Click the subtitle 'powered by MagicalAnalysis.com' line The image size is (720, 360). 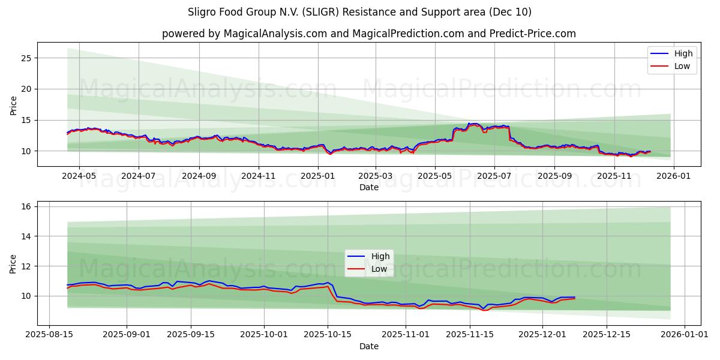click(368, 34)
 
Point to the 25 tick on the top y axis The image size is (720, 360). click(26, 58)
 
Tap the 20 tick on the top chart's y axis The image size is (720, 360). click(26, 89)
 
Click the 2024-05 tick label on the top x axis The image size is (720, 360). click(79, 176)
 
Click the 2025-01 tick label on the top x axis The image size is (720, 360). click(317, 176)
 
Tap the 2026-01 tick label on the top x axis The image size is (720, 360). click(673, 176)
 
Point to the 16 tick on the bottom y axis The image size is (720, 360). click(26, 206)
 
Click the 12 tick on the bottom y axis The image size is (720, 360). click(26, 266)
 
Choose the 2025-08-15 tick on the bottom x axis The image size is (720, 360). click(49, 335)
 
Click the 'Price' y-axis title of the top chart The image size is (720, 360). click(14, 106)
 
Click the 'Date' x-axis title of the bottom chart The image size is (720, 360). click(368, 346)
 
